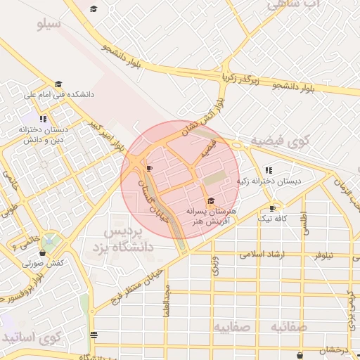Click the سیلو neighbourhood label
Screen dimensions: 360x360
[x=49, y=25]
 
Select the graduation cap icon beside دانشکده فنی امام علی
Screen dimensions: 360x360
[x=58, y=84]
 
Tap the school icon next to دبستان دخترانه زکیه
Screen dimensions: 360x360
[x=269, y=170]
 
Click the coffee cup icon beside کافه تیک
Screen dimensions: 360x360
[x=273, y=208]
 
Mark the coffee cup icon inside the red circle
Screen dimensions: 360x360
[x=149, y=169]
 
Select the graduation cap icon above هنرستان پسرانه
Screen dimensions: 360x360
[x=211, y=201]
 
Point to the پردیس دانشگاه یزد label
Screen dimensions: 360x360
[x=124, y=239]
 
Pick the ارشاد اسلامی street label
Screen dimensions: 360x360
[x=262, y=254]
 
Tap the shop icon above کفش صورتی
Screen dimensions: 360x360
[x=43, y=252]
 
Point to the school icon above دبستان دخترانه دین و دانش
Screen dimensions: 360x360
[x=44, y=119]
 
